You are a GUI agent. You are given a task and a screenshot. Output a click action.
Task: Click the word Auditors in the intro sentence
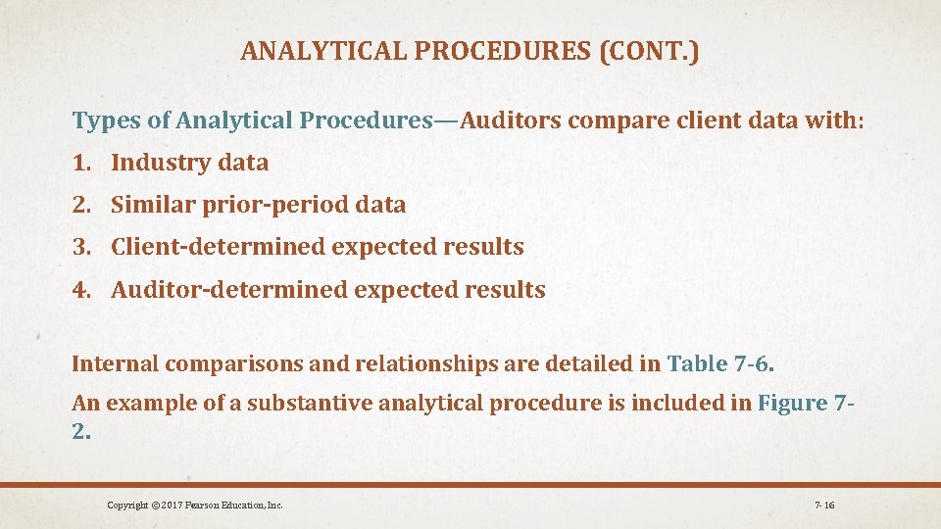click(x=511, y=121)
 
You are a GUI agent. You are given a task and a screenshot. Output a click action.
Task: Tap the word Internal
click(x=115, y=364)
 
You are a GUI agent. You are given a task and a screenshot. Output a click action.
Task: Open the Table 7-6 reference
click(x=719, y=364)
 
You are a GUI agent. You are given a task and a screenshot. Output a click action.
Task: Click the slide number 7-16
click(x=823, y=505)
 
